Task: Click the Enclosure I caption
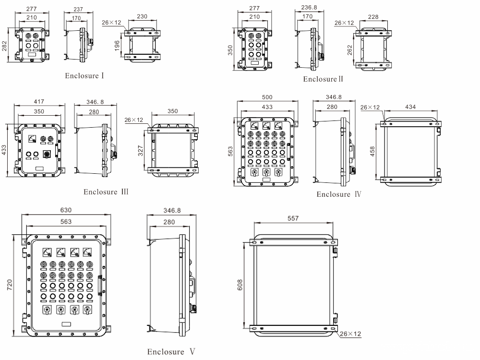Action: tap(84, 75)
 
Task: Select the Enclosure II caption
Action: tap(323, 79)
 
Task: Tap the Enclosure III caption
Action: tap(106, 192)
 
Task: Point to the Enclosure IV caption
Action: tap(339, 194)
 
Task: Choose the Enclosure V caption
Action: tap(171, 352)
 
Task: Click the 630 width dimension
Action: tap(66, 210)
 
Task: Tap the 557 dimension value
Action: tap(293, 218)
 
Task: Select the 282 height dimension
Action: tap(4, 45)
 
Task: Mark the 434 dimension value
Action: tap(410, 107)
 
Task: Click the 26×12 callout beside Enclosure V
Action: tap(350, 334)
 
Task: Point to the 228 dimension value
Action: tap(373, 17)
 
